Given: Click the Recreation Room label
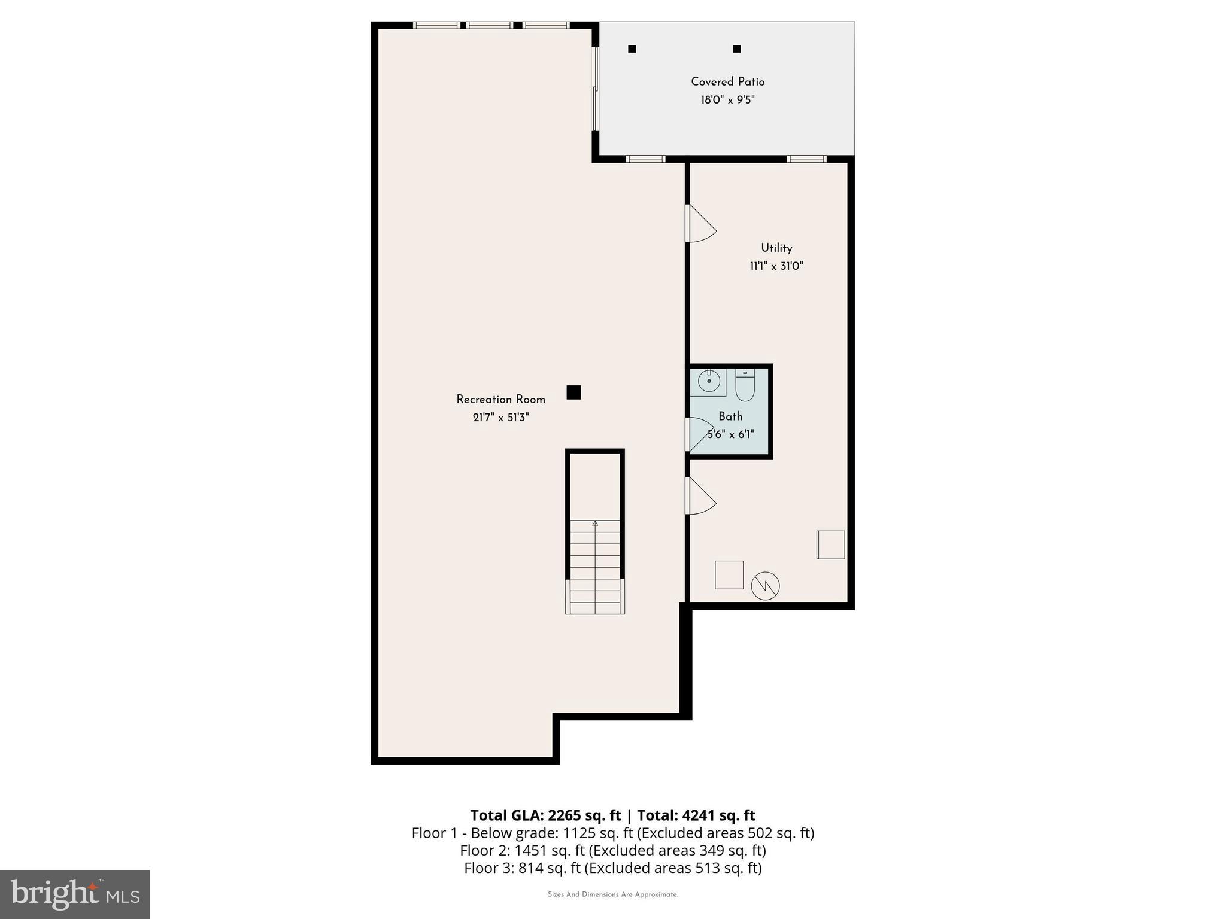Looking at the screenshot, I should pos(500,399).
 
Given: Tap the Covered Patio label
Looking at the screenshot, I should pos(727,81).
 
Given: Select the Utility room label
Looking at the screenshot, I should pos(776,248).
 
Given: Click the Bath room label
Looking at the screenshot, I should pos(730,416).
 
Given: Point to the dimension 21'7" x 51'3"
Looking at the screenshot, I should pos(500,417).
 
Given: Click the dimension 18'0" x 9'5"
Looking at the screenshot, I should pos(727,99).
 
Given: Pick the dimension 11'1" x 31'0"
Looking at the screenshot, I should pos(776,266).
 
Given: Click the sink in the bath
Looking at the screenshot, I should pos(709,381).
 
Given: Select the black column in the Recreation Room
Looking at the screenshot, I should pos(573,392).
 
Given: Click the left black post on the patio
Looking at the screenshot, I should pos(632,49).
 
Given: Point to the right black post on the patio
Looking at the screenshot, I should pos(737,49).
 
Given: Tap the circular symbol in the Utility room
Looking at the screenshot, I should pos(766,586).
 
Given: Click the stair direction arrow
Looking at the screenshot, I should pos(595,524).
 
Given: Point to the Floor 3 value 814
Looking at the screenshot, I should pos(529,868).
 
